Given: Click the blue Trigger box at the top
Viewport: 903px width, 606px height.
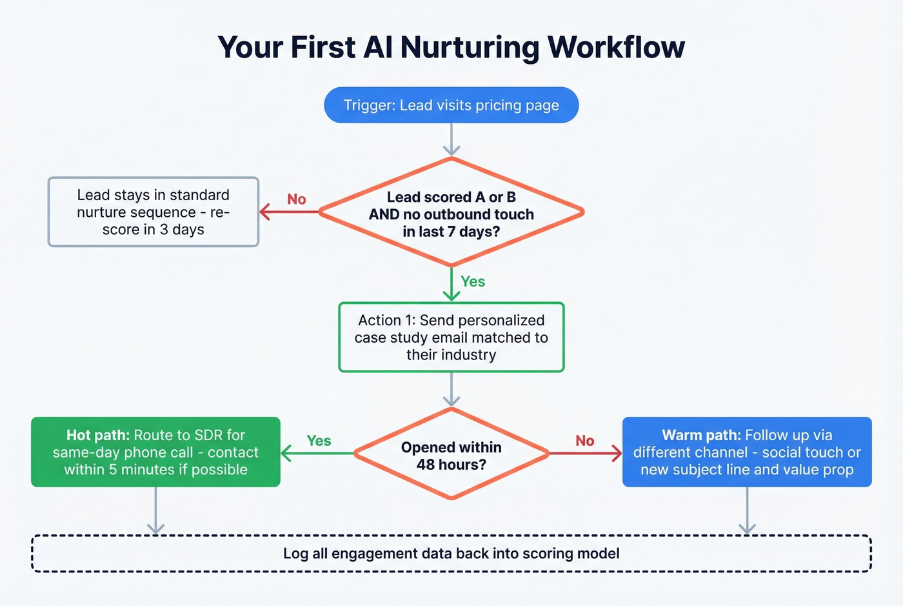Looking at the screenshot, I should pyautogui.click(x=451, y=105).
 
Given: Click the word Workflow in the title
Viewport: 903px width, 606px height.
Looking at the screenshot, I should pyautogui.click(x=616, y=47).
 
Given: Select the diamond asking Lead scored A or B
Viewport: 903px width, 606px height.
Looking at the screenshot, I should pyautogui.click(x=451, y=213).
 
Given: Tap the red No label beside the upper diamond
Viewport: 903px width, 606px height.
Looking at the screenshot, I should pyautogui.click(x=297, y=199).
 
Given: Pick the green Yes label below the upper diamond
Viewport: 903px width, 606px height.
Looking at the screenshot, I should pyautogui.click(x=473, y=281).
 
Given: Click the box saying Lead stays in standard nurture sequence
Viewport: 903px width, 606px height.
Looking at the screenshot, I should pyautogui.click(x=154, y=212).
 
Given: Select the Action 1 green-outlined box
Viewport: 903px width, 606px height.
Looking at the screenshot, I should pyautogui.click(x=451, y=338).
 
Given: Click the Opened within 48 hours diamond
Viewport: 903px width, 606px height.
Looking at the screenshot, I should pyautogui.click(x=451, y=455).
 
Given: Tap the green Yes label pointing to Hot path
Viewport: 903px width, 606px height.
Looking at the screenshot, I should pyautogui.click(x=319, y=441).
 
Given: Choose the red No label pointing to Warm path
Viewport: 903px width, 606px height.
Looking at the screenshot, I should pyautogui.click(x=584, y=441).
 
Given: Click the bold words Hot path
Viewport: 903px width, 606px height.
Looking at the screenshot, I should pyautogui.click(x=98, y=436).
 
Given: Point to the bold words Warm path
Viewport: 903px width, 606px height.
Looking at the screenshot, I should pyautogui.click(x=701, y=436).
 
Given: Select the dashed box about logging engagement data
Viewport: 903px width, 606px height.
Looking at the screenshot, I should pyautogui.click(x=451, y=554).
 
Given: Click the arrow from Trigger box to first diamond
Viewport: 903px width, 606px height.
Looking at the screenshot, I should pyautogui.click(x=451, y=139).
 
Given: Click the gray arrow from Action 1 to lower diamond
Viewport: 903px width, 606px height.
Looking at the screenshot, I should pyautogui.click(x=451, y=389).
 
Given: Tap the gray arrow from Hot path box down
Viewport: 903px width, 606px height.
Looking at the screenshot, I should pyautogui.click(x=155, y=510).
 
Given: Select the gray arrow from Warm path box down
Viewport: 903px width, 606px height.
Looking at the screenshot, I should pyautogui.click(x=747, y=510).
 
